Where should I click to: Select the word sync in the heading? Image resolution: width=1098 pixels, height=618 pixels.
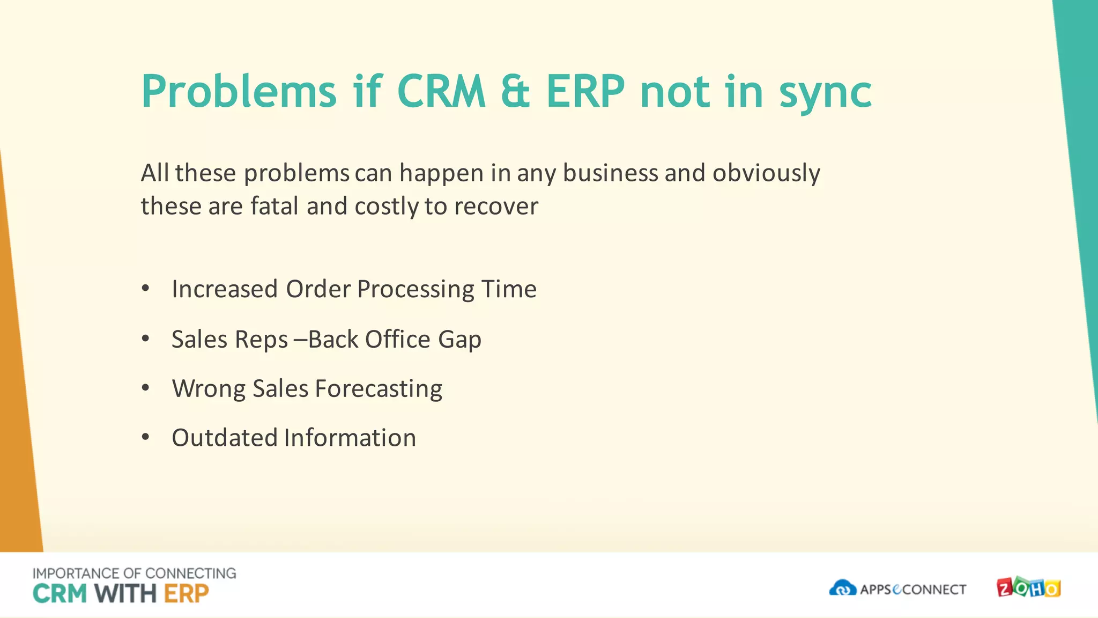point(825,94)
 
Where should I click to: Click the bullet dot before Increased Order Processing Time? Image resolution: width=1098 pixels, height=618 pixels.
point(145,289)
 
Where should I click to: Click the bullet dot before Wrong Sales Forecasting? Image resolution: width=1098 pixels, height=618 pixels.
point(145,388)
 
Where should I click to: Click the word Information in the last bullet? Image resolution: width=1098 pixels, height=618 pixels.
point(350,438)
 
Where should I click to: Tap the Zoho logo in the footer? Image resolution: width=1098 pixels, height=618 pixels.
point(1028,588)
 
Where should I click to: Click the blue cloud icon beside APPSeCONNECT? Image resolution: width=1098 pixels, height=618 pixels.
point(842,588)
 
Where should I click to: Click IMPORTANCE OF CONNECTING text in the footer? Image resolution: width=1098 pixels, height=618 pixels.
point(134,573)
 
